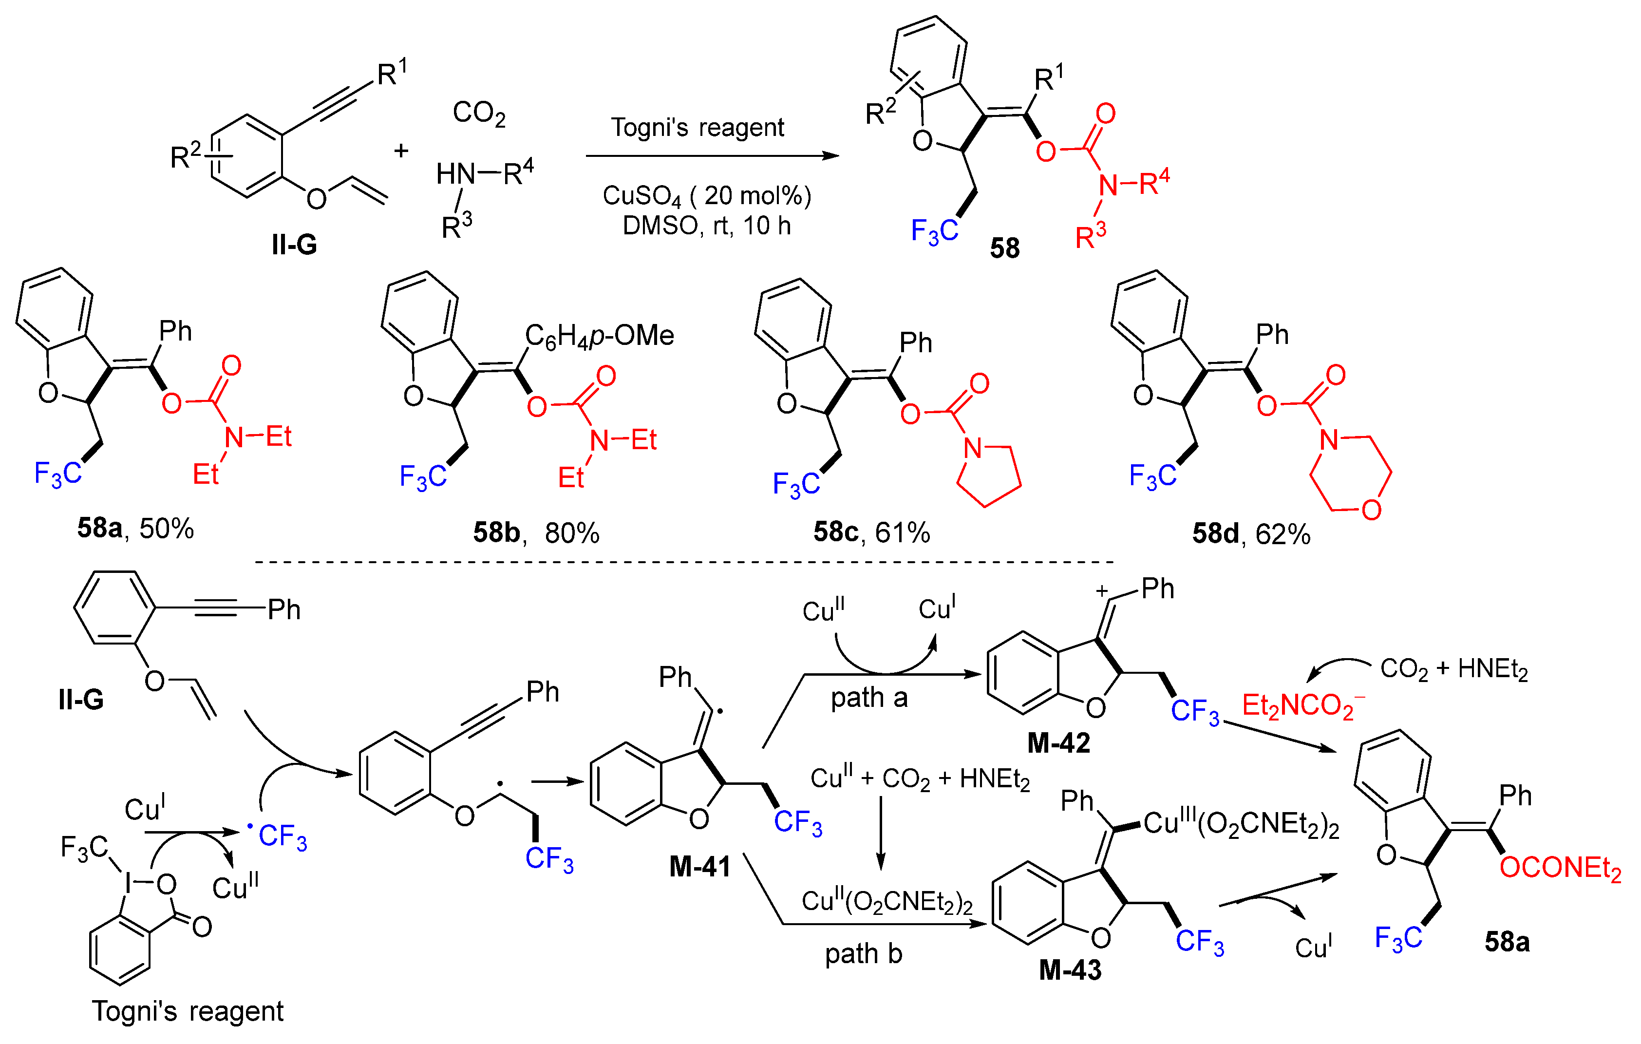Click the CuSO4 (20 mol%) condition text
coord(707,196)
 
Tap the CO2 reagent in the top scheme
coord(479,113)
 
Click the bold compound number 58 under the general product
coord(1004,248)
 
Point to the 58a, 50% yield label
coord(135,528)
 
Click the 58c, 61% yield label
coord(871,532)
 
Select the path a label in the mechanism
coord(869,698)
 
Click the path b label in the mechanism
coord(864,953)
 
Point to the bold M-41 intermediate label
coord(700,867)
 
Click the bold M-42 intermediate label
coord(1058,743)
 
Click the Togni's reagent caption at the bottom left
coord(188,1011)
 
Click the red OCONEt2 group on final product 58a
coord(1560,868)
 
